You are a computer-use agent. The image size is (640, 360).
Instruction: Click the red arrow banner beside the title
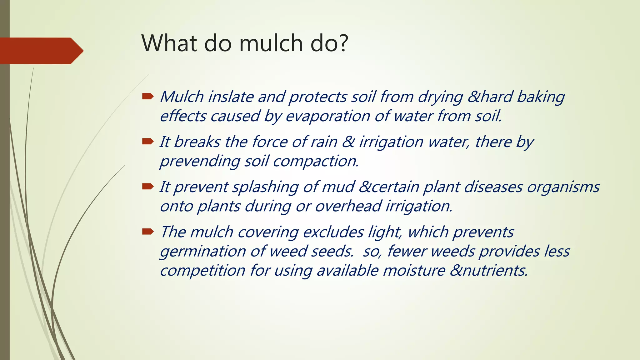pyautogui.click(x=41, y=51)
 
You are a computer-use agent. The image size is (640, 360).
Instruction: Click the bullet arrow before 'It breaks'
pyautogui.click(x=147, y=142)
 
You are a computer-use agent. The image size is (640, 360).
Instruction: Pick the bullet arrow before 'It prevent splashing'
pyautogui.click(x=147, y=187)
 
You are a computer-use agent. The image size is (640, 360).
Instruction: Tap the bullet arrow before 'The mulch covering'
pyautogui.click(x=147, y=232)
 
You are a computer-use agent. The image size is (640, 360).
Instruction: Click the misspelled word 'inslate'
pyautogui.click(x=231, y=97)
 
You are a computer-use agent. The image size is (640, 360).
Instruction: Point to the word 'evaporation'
pyautogui.click(x=327, y=116)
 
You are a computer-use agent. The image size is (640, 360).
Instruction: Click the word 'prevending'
pyautogui.click(x=199, y=162)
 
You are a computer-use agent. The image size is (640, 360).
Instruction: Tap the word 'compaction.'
pyautogui.click(x=316, y=162)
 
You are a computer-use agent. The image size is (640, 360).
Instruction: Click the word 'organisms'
pyautogui.click(x=563, y=187)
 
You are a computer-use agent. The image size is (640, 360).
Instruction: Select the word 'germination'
pyautogui.click(x=202, y=252)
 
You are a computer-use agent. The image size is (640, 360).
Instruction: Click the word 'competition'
pyautogui.click(x=202, y=270)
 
